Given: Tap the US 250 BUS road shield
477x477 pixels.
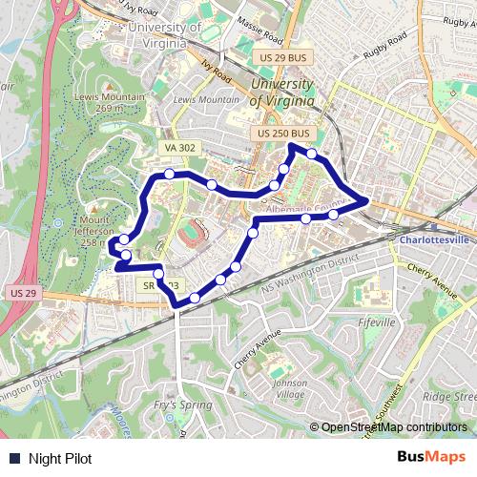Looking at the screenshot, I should click(284, 135).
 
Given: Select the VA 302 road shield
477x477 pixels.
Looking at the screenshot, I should click(179, 148).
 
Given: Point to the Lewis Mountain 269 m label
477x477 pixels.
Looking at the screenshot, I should click(109, 103).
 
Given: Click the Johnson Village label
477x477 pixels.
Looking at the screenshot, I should click(290, 389).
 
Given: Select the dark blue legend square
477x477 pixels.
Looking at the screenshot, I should click(13, 458).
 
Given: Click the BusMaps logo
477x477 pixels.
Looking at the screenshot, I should click(431, 458).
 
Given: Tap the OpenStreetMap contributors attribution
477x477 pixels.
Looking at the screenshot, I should click(394, 427).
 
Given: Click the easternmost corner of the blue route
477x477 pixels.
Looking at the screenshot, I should click(367, 200).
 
